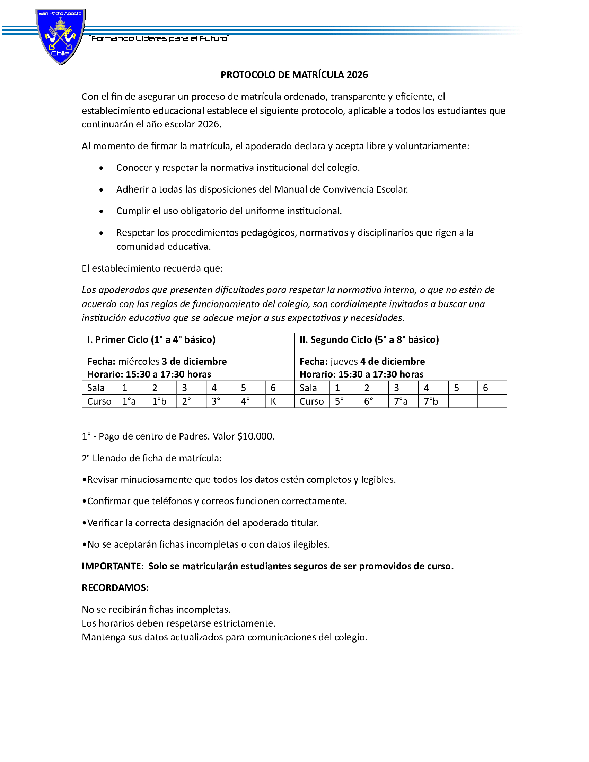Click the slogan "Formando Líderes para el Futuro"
point(159,38)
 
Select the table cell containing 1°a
point(131,401)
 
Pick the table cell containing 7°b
point(433,401)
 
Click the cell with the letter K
point(279,401)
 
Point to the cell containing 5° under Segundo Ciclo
point(344,401)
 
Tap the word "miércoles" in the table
point(139,362)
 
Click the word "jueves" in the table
point(344,362)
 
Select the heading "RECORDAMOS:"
point(115,588)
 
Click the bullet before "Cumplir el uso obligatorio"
point(101,211)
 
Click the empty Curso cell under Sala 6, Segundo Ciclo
point(492,401)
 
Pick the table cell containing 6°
point(373,401)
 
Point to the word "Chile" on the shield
point(60,53)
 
